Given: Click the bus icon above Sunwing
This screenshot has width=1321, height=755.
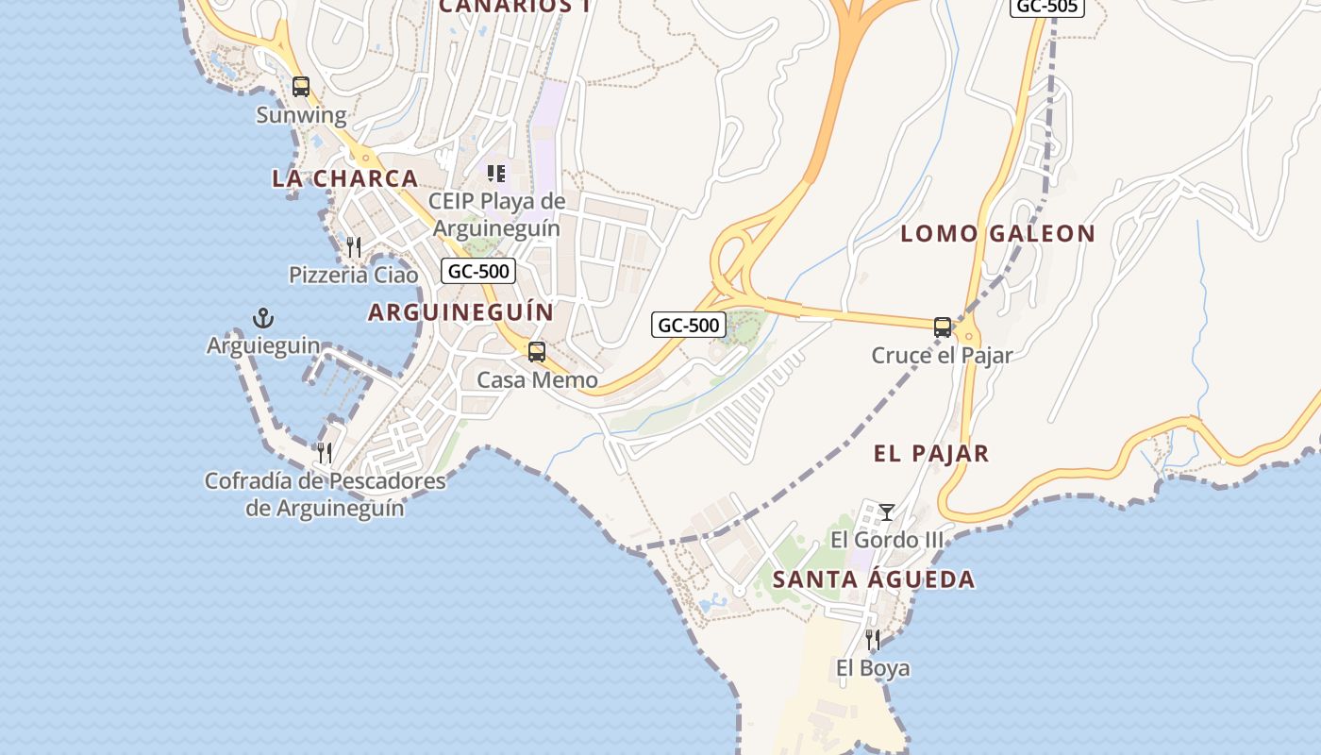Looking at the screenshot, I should coord(301,87).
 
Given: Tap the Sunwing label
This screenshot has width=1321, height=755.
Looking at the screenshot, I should coord(302,115).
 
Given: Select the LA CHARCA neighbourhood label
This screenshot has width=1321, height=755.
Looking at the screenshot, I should coord(344,177).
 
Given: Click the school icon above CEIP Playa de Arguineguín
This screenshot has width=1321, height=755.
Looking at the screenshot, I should coord(496,173).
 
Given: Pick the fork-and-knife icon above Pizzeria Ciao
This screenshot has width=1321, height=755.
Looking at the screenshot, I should coord(354,247).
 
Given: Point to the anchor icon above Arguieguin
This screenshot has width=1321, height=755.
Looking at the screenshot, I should coord(263,318).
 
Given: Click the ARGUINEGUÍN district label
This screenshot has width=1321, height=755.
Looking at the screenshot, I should coord(461,311).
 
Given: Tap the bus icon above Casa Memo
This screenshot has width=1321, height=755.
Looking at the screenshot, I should coord(537,352).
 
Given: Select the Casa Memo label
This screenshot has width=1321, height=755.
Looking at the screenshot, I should coord(537,379).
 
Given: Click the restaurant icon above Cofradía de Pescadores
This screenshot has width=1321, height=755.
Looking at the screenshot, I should coord(325,453).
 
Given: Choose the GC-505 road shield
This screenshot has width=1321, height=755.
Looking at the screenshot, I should coord(1046,7).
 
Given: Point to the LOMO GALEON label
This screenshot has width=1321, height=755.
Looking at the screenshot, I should coord(998,233).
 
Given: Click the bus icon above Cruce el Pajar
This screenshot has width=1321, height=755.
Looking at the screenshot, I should coord(943,327).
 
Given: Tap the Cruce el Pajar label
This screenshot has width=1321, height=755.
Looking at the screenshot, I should coord(942,355).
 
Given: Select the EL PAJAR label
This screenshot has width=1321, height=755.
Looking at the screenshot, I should coord(931,453).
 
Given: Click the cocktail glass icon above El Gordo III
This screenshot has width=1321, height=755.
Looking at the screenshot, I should coord(887,512).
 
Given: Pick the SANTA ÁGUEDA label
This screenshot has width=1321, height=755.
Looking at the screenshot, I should coord(874,579).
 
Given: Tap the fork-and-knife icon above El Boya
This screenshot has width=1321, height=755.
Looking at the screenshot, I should coord(873,640).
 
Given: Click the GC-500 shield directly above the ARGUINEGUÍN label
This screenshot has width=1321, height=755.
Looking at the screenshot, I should coord(478,271).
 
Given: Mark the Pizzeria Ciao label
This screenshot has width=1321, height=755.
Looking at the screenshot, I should coord(354,275).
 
